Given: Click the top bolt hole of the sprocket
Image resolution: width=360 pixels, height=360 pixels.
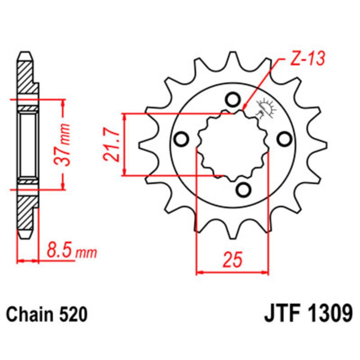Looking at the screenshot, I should (232, 99).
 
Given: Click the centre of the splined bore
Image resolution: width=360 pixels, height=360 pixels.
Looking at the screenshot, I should (233, 145).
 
